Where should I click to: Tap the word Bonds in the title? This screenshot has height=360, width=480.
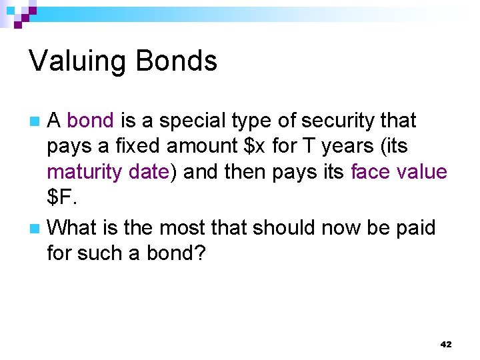tap(176, 62)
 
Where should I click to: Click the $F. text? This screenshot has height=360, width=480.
tap(61, 198)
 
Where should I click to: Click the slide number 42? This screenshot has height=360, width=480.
tap(446, 345)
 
